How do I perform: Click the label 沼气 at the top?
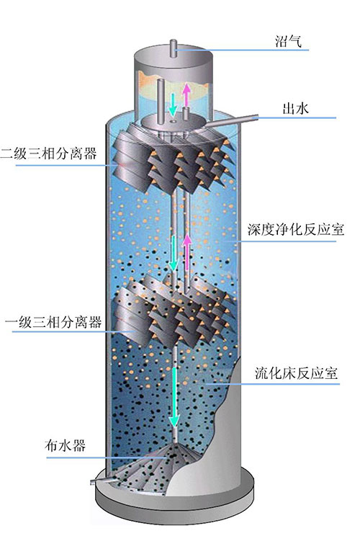288,41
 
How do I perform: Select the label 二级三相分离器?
48,153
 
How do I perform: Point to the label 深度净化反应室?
296,229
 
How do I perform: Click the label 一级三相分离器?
53,321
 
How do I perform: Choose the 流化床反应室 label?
297,373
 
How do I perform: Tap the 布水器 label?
65,445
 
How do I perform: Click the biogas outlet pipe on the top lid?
174,48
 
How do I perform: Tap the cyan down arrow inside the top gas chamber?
173,104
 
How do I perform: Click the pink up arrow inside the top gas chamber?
186,94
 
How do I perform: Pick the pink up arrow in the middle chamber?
186,252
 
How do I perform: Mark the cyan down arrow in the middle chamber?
174,254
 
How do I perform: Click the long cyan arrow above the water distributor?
174,397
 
